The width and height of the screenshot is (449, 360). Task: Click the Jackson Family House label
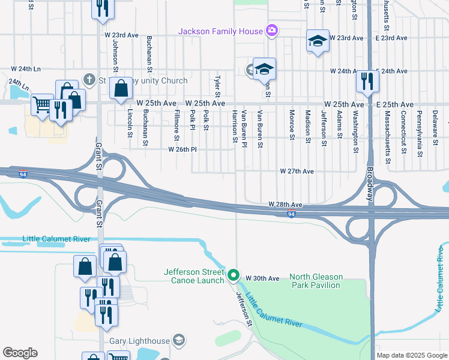(x=220, y=31)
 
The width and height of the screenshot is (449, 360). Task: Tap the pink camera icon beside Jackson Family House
(x=271, y=30)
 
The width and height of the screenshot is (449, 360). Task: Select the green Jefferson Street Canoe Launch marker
(x=234, y=277)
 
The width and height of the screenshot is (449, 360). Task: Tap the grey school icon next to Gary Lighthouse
(x=178, y=341)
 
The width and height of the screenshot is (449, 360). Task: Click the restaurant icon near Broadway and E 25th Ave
(x=367, y=81)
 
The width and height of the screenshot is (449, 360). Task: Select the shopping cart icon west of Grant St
(x=42, y=104)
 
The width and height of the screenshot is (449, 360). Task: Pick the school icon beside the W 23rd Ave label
(x=318, y=41)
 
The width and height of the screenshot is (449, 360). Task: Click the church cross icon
(x=89, y=79)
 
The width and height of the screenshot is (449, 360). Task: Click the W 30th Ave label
(x=263, y=278)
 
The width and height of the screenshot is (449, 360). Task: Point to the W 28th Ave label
(x=285, y=205)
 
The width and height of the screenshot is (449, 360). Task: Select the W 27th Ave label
(x=297, y=171)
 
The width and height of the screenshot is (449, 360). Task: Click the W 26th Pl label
(x=182, y=149)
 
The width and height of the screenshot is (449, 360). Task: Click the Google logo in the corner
(x=20, y=353)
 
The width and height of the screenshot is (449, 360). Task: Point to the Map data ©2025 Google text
(x=411, y=355)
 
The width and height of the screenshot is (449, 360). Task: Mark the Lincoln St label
(x=130, y=122)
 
